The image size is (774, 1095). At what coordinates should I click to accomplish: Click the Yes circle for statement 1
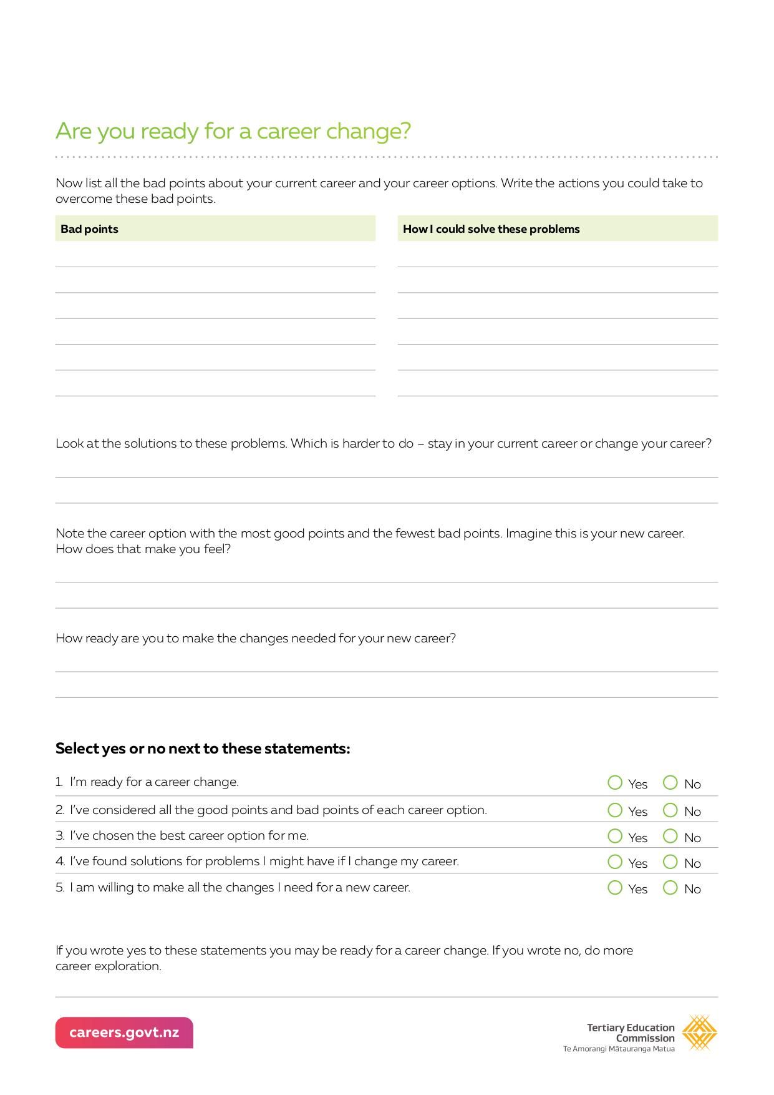coord(615,783)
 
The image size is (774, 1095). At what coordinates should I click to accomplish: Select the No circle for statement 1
coord(670,783)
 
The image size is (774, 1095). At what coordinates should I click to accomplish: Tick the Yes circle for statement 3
coord(615,836)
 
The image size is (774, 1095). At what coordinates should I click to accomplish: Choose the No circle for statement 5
coord(670,888)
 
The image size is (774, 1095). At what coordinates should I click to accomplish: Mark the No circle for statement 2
coord(670,810)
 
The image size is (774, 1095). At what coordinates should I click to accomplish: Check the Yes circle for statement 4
coord(615,862)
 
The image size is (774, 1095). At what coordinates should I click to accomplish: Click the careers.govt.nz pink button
coord(124,1033)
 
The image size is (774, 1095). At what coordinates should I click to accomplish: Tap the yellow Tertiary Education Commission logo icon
coord(699,1033)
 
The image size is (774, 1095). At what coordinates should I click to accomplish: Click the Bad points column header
coord(89,229)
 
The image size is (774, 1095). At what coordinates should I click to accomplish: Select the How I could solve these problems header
coord(491,229)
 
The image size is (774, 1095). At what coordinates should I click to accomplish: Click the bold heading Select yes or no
coord(203,749)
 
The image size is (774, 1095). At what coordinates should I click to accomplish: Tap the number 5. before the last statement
coord(60,888)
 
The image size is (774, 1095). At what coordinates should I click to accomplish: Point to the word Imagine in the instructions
coord(529,534)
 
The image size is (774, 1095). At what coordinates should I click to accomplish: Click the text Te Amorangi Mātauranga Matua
coord(619,1049)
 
